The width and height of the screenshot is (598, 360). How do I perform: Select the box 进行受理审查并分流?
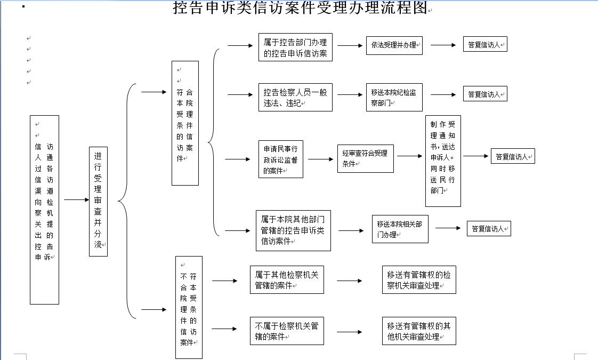98,201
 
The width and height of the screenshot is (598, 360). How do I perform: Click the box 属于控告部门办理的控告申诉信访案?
295,47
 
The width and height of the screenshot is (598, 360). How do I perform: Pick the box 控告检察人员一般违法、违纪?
295,97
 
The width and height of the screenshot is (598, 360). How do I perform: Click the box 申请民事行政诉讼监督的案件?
281,159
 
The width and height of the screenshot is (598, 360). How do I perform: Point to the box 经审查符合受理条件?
365,158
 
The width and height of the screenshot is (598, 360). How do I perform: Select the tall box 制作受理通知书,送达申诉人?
443,161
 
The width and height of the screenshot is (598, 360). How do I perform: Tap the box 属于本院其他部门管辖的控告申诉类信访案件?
294,229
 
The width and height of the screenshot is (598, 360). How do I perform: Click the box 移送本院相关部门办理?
400,229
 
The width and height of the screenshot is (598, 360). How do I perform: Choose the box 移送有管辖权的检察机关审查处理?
419,280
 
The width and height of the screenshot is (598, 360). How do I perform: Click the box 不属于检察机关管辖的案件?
287,331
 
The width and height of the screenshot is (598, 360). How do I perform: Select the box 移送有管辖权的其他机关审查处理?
419,331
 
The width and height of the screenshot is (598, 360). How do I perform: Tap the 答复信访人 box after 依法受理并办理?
485,45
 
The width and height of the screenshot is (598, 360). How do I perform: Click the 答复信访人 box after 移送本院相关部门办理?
489,229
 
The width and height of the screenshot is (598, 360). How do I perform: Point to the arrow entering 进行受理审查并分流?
76,200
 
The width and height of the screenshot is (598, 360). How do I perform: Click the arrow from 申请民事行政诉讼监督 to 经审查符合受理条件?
320,159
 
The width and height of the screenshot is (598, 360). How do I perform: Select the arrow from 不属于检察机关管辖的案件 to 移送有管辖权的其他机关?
350,332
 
